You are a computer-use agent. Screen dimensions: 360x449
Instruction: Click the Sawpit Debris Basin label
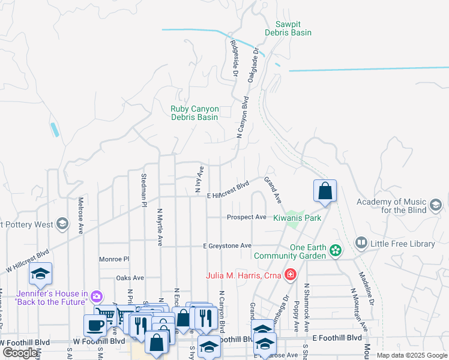[x=288, y=28]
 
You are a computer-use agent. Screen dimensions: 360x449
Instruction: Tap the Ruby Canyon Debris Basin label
[x=194, y=113]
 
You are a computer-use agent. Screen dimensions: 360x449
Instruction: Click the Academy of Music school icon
[x=436, y=206]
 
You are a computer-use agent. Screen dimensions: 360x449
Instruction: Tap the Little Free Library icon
[x=361, y=243]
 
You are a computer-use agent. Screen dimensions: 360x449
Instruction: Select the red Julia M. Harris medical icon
[x=290, y=275]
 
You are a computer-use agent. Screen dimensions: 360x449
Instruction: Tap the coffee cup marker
[x=94, y=325]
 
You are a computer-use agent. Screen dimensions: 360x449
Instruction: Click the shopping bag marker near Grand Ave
[x=325, y=191]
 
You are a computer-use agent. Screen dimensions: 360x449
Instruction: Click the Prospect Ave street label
[x=246, y=217]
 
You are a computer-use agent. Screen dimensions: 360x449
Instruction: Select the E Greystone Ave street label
[x=227, y=246]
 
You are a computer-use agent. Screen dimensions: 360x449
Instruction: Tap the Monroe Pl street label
[x=114, y=259]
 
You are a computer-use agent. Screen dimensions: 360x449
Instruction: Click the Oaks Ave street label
[x=130, y=278]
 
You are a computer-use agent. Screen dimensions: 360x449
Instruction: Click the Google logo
[x=20, y=353]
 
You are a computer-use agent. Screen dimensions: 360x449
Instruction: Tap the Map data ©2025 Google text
[x=412, y=355]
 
